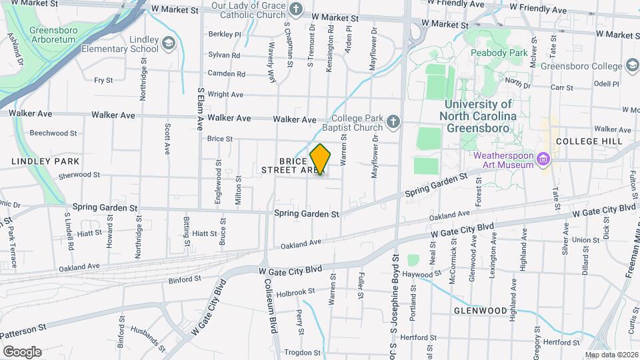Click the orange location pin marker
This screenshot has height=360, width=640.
pyautogui.click(x=320, y=159)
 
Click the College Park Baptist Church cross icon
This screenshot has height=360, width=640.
pyautogui.click(x=393, y=121)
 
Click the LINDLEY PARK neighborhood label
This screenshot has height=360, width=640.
pyautogui.click(x=45, y=161)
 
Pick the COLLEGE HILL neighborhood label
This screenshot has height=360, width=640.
pyautogui.click(x=584, y=141)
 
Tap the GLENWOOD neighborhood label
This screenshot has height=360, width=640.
pyautogui.click(x=481, y=311)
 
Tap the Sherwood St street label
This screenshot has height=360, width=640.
pyautogui.click(x=79, y=175)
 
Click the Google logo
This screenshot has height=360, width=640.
pyautogui.click(x=21, y=351)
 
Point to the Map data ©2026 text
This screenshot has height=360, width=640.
pyautogui.click(x=611, y=355)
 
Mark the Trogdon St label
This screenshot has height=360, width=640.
pyautogui.click(x=303, y=352)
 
